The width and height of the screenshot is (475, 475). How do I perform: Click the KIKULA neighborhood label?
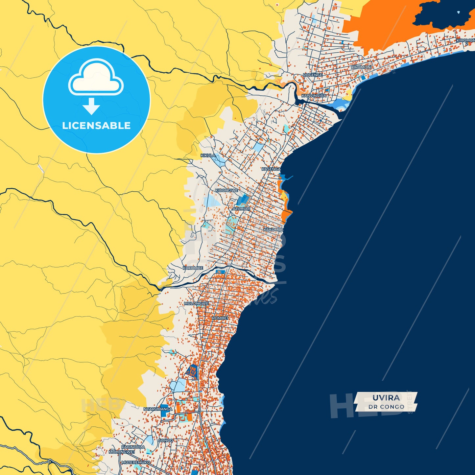coord(208,155)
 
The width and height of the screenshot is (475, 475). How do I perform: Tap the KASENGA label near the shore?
coord(271,169)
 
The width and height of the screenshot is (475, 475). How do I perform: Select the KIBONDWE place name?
coord(226,190)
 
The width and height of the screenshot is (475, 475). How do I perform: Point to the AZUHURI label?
coord(241,209)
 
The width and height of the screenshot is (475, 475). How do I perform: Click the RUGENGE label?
coord(313,75)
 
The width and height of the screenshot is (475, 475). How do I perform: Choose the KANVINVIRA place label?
coord(314,96)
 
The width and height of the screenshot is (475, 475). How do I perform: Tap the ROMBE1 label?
coord(220,318)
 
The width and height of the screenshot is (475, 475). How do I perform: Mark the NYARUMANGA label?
coord(158,409)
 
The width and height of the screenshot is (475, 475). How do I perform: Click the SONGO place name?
coord(166,440)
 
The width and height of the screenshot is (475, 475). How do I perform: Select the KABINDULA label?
coord(133,447)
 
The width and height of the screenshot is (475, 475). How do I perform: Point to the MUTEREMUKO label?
coord(136,462)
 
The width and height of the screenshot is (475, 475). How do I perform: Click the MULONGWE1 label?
coord(122,452)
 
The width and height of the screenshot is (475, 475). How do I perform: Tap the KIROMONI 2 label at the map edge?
coord(465,42)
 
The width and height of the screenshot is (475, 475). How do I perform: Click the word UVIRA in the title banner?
coord(386,398)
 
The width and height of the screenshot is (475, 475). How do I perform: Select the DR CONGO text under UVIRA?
coord(386,407)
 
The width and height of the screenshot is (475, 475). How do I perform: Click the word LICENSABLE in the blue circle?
coord(96,126)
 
